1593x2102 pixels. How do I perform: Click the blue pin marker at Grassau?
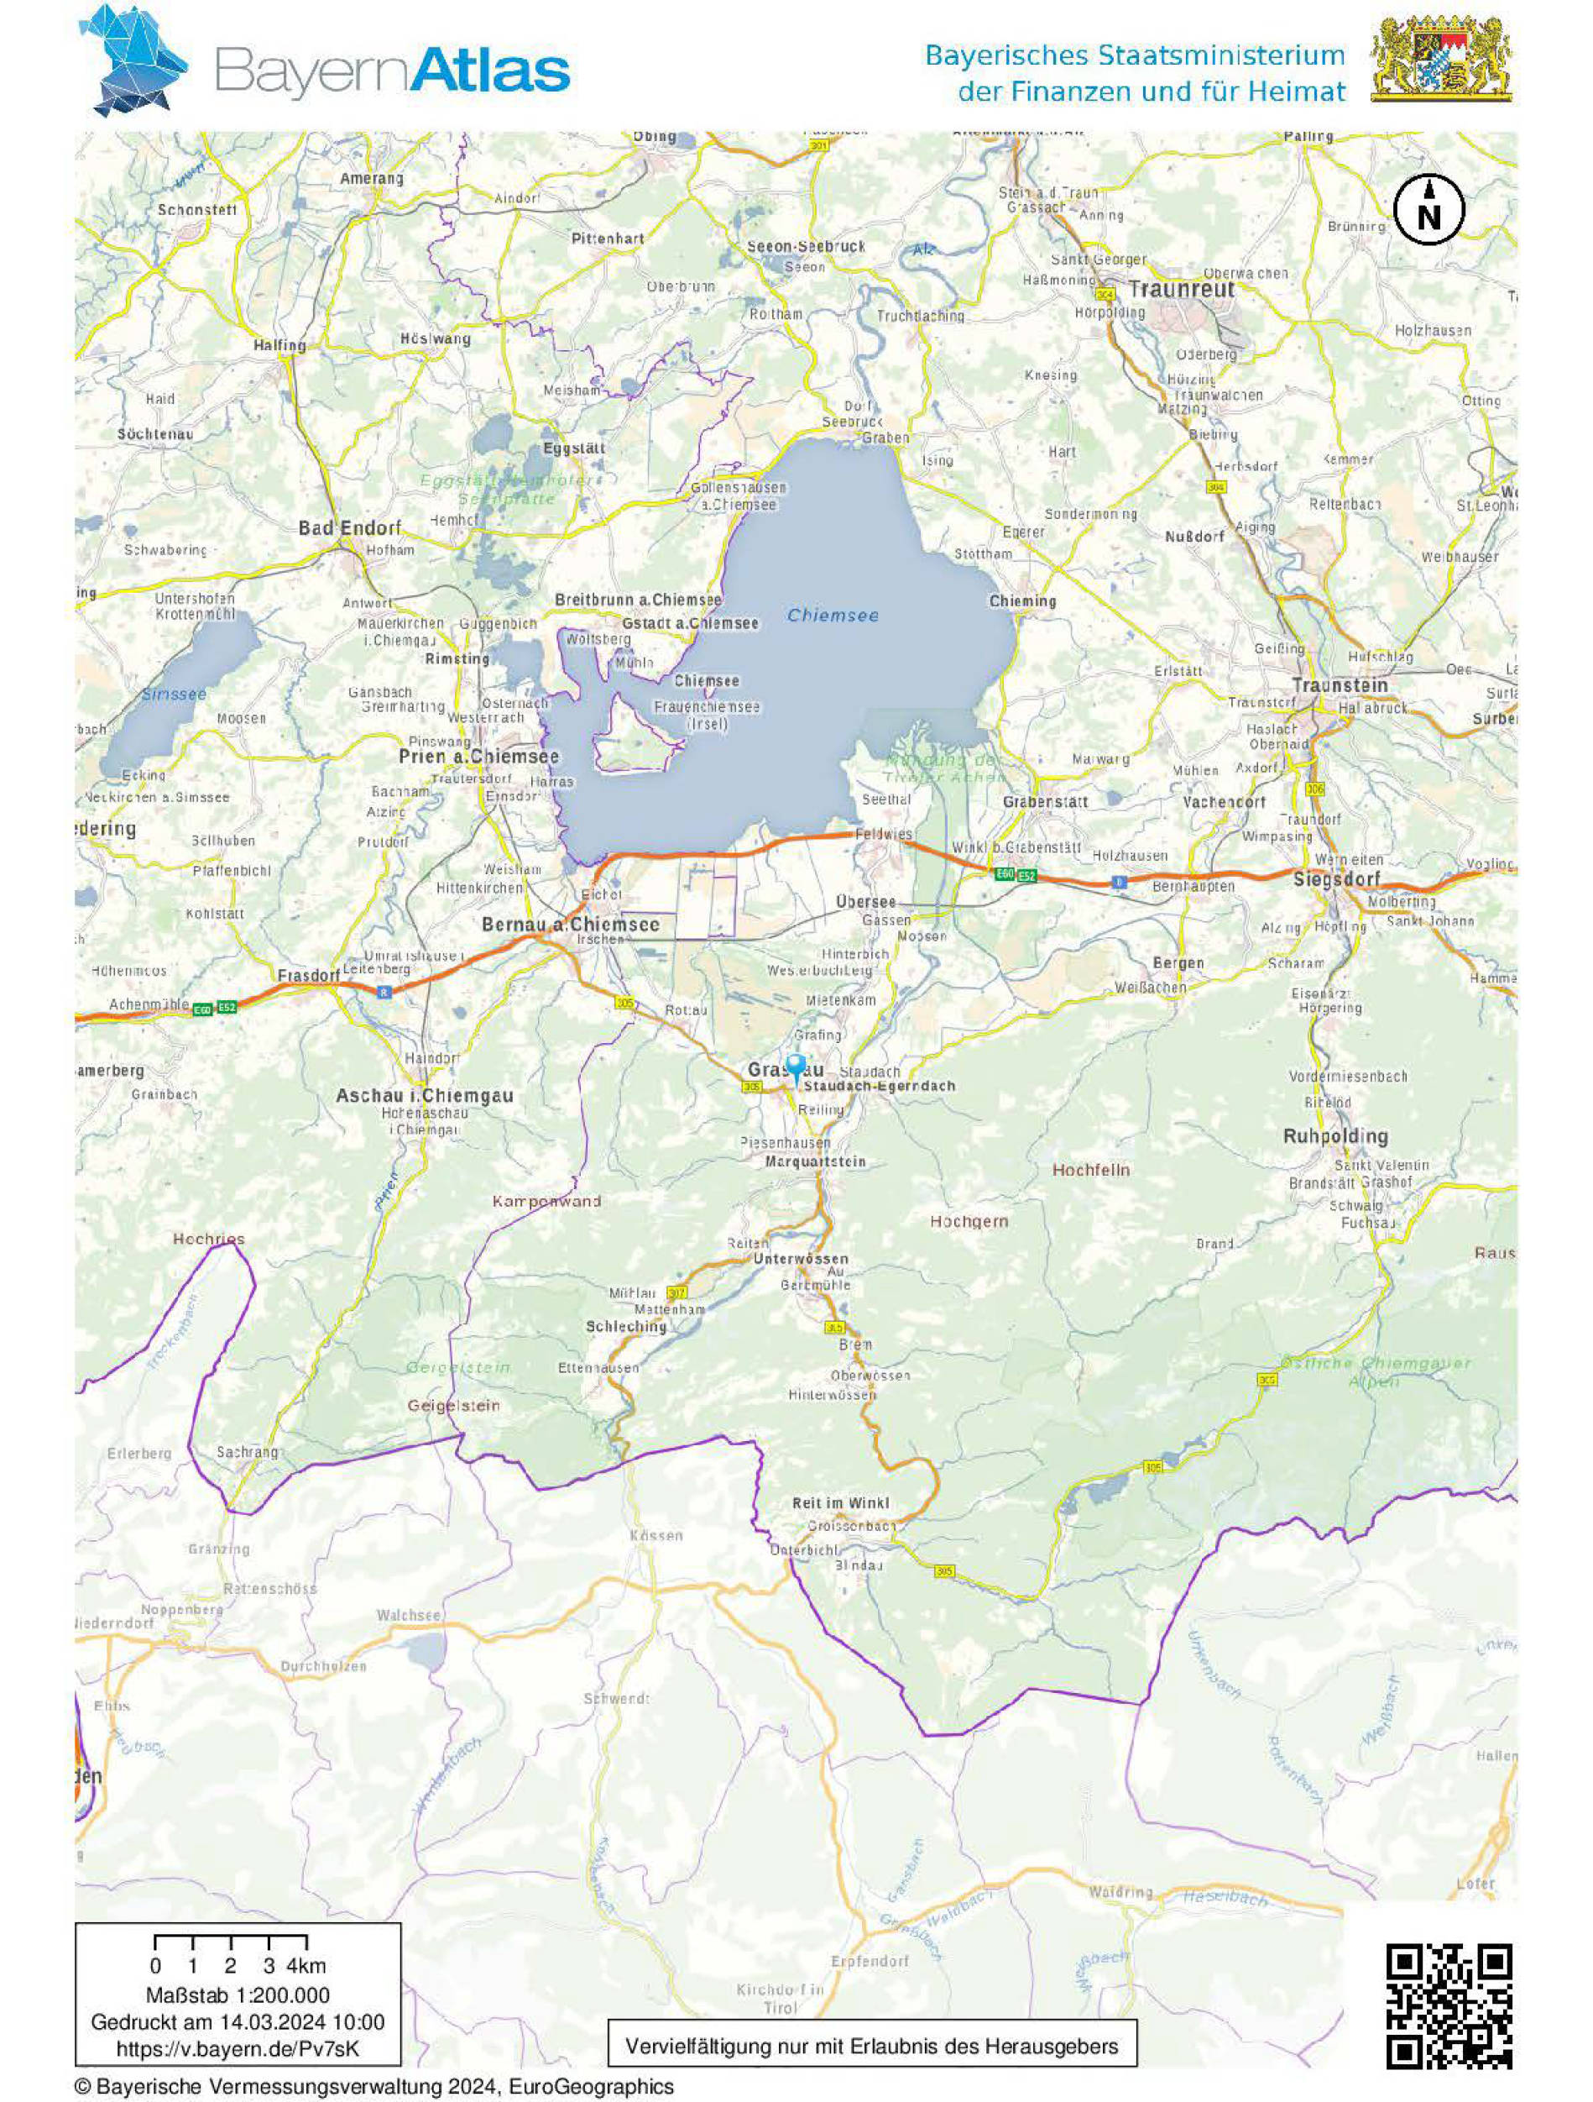click(796, 1067)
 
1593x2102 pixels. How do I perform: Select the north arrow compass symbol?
click(1428, 209)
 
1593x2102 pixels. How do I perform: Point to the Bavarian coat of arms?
click(1441, 59)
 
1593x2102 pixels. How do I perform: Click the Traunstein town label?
click(1340, 685)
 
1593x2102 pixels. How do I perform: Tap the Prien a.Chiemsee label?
click(478, 757)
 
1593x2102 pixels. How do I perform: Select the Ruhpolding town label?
click(1334, 1136)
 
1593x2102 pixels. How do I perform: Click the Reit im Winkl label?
click(841, 1503)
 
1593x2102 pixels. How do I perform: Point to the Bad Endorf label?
click(349, 527)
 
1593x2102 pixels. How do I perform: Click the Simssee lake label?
click(174, 695)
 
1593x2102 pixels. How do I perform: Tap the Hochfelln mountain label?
click(1090, 1170)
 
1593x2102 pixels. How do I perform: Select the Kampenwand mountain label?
click(546, 1201)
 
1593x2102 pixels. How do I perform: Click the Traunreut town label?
click(1182, 289)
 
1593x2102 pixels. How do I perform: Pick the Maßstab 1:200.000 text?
click(238, 1995)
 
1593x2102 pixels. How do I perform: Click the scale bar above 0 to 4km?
click(230, 1941)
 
